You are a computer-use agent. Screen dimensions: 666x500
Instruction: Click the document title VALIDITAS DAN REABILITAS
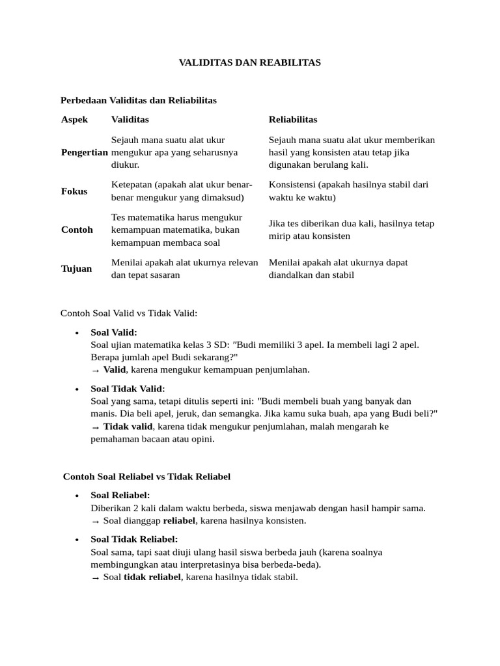tap(250, 62)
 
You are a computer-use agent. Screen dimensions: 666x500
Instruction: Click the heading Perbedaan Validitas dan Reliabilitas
tap(138, 100)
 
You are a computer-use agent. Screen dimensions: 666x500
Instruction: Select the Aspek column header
tap(74, 120)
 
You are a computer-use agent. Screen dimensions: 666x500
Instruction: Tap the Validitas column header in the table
tap(130, 120)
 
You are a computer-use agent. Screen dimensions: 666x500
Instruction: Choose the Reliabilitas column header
tap(292, 120)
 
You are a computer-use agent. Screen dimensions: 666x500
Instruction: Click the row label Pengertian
tap(84, 152)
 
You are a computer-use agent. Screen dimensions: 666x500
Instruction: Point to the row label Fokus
tap(74, 191)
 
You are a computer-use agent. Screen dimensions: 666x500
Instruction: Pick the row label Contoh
tap(76, 230)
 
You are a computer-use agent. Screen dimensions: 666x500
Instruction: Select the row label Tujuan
tap(76, 269)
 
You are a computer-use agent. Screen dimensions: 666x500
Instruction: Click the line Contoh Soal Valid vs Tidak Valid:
tap(128, 313)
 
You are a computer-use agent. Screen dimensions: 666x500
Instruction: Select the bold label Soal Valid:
tap(114, 332)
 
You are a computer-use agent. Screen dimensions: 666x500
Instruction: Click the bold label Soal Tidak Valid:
tap(128, 389)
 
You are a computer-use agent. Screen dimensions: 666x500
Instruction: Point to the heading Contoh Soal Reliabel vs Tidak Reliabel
tap(146, 477)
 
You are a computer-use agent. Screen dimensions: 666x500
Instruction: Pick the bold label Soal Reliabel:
tap(120, 496)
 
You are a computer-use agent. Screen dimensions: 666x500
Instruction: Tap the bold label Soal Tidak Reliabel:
tap(134, 539)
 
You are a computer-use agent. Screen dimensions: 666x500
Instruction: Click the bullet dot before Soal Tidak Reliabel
tap(77, 540)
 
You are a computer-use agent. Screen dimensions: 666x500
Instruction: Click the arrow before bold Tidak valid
tap(96, 427)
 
